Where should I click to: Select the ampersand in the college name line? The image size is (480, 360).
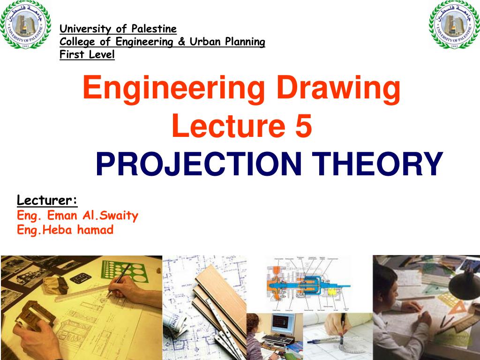click(x=181, y=42)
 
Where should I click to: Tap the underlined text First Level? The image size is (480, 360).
click(x=87, y=55)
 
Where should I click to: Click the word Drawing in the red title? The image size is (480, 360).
click(x=338, y=89)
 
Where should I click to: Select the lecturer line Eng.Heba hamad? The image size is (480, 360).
click(x=65, y=230)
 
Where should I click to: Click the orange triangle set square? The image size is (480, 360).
click(x=462, y=305)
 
